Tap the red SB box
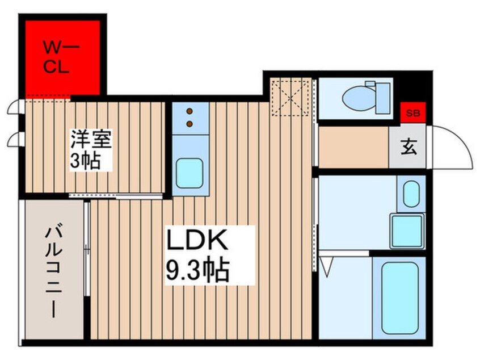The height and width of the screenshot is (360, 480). click(413, 112)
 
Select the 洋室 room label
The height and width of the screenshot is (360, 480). click(91, 139)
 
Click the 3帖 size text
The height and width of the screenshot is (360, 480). click(86, 161)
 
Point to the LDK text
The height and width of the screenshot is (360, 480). click(197, 240)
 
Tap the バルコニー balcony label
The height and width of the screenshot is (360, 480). click(54, 272)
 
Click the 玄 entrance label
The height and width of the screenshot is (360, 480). click(409, 146)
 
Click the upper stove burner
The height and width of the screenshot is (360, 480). click(190, 111)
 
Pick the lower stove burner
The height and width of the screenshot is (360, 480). click(190, 124)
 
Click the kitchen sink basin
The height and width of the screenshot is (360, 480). click(190, 173)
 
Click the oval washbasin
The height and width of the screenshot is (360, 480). click(411, 194)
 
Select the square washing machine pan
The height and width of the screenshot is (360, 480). click(407, 231)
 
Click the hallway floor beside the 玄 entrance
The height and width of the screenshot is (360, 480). click(353, 147)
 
